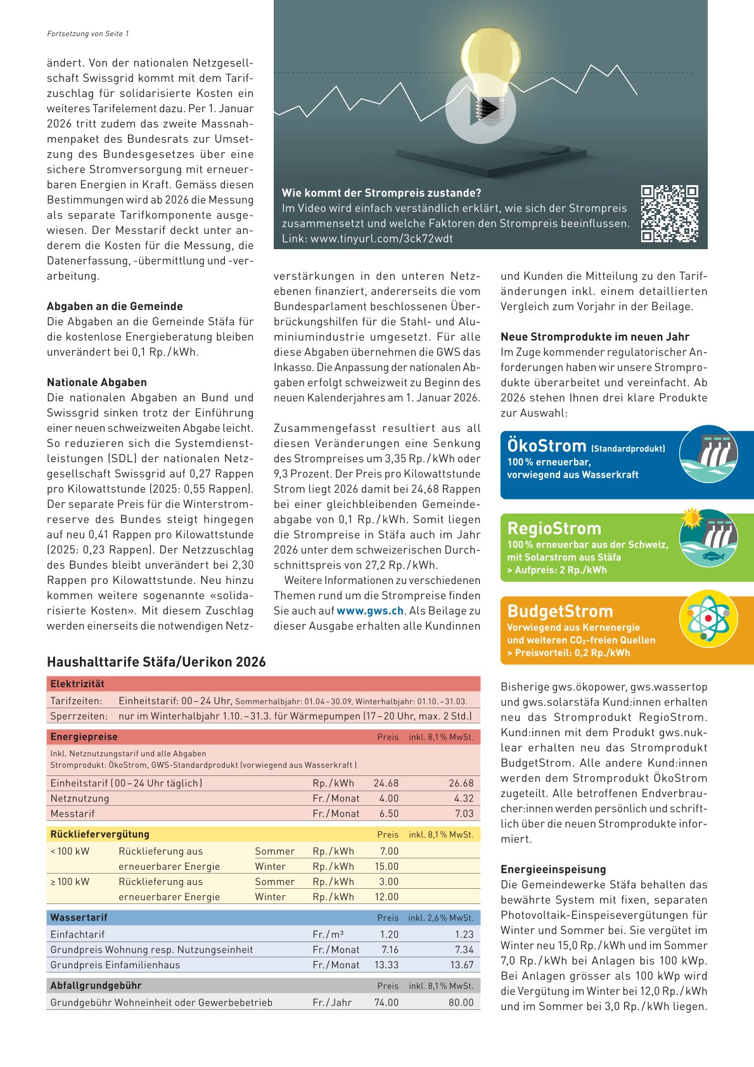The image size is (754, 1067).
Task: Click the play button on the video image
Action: (480, 109)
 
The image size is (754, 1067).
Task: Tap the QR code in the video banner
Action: (669, 214)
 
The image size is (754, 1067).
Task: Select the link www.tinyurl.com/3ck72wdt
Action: (381, 239)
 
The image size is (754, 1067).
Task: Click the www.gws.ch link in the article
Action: (370, 611)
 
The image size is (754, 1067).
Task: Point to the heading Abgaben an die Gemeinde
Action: (115, 306)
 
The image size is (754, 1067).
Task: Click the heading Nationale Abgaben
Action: (97, 382)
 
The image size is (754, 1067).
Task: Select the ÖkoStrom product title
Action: (547, 446)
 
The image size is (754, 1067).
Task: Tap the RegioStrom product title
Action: (554, 529)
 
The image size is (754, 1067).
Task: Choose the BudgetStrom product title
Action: (560, 611)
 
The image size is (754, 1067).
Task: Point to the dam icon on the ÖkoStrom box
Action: (708, 454)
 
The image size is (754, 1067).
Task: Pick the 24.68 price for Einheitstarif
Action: (387, 783)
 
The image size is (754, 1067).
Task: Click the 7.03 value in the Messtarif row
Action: (464, 813)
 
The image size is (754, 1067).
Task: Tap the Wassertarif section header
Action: (79, 917)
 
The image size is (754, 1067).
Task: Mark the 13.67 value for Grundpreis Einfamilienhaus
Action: (462, 965)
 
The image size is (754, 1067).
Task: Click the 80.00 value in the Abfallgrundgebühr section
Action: (461, 1002)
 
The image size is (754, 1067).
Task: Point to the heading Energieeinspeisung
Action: (553, 869)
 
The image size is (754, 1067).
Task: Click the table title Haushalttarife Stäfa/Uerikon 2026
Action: (157, 662)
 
